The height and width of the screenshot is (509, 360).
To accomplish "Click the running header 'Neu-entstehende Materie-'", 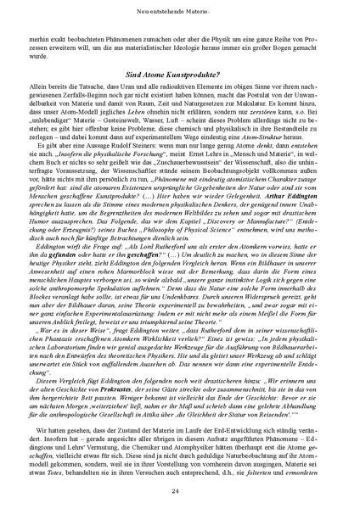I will point(179,11).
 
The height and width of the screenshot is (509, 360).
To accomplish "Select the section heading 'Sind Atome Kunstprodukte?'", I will point(180,74).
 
